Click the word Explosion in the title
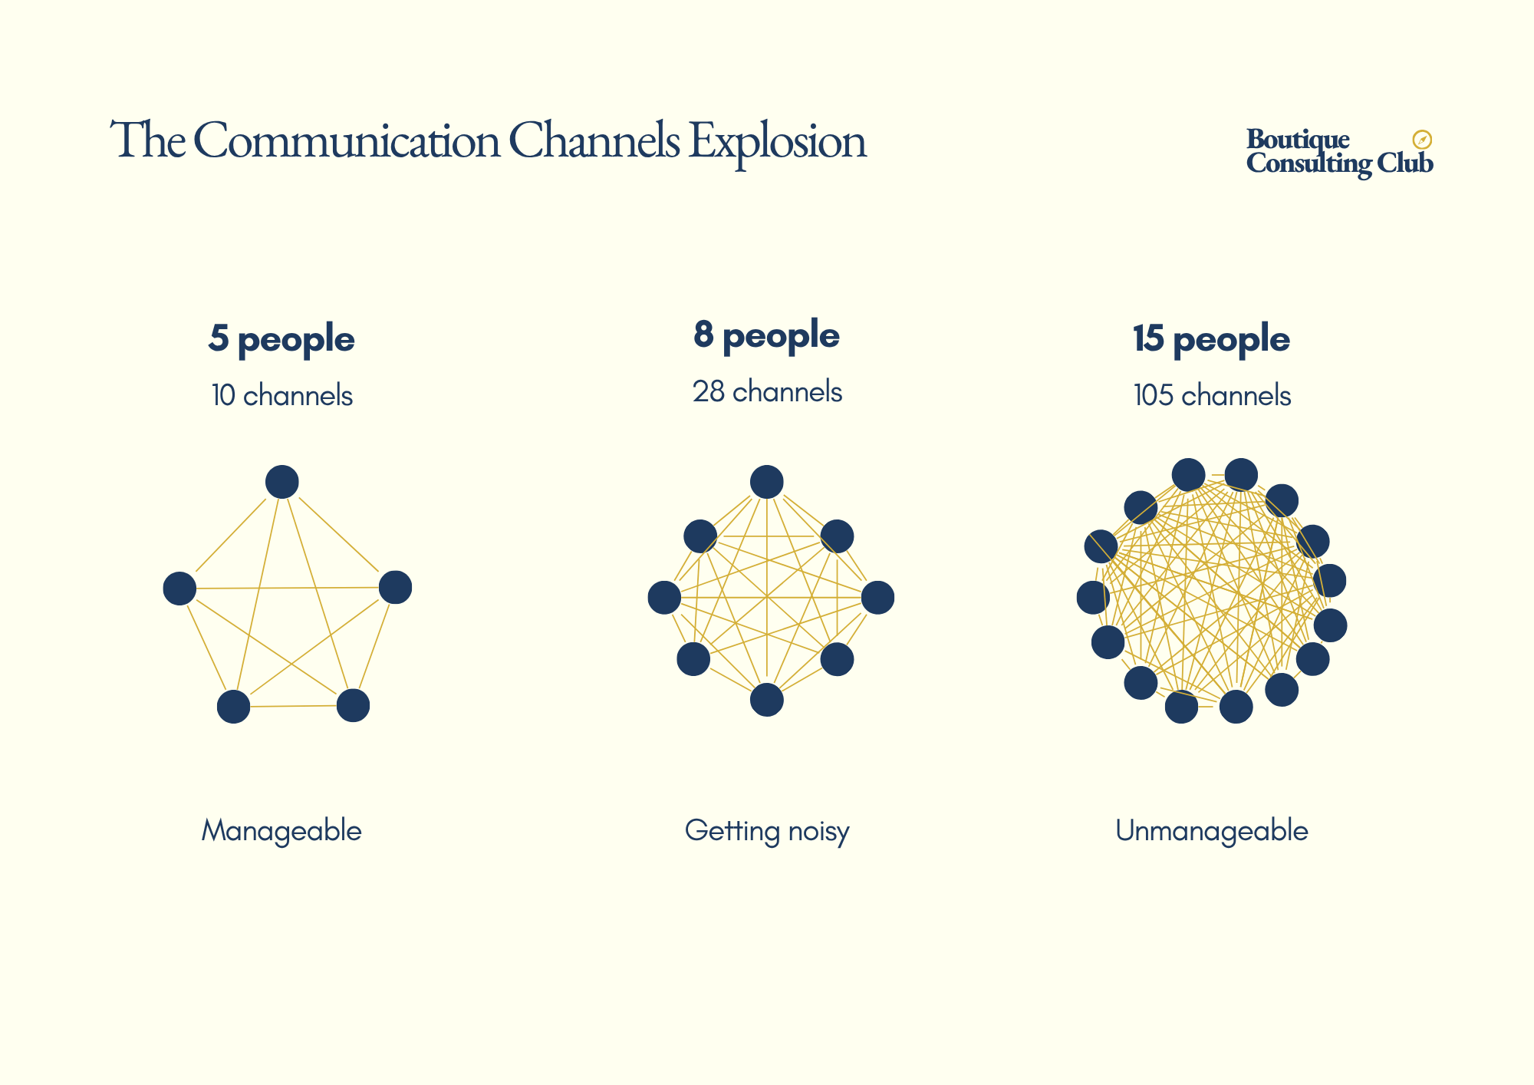tap(777, 142)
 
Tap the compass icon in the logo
tap(1422, 140)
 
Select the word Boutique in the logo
tap(1298, 139)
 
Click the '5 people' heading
tap(281, 339)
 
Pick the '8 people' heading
tap(766, 335)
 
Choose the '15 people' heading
tap(1211, 339)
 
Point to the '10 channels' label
tap(281, 396)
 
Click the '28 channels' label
tap(767, 392)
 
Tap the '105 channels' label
tap(1212, 396)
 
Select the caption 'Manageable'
tap(281, 830)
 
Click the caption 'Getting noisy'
tap(767, 830)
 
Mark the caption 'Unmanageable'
tap(1212, 830)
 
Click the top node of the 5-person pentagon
tap(282, 482)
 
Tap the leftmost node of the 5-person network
tap(179, 589)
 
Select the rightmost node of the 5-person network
tap(396, 587)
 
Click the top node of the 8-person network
tap(767, 482)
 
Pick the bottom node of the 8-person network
tap(767, 699)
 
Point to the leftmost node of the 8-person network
tap(664, 598)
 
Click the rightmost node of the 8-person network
tap(877, 598)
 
